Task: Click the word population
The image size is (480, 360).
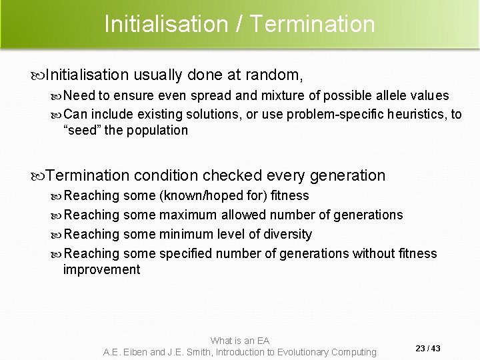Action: point(156,130)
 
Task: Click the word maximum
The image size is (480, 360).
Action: point(188,215)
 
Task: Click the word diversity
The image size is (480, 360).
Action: point(284,234)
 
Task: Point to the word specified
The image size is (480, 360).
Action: point(187,253)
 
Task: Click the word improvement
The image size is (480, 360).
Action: point(101,269)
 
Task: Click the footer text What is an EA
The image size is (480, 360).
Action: point(239,341)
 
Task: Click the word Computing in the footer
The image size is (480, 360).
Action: point(349,352)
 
